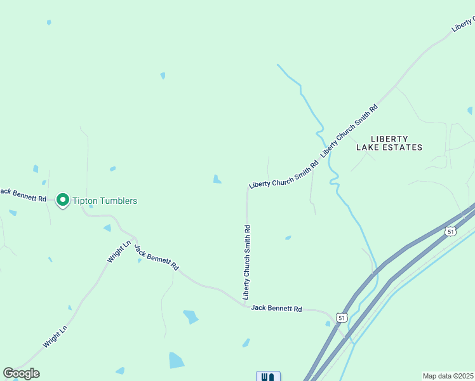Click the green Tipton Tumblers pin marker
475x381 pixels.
coord(63,200)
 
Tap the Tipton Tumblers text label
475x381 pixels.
coord(105,201)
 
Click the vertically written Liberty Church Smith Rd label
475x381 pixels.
coord(246,262)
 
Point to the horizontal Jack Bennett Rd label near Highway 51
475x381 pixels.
coord(276,308)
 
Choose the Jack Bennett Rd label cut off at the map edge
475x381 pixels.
coord(23,194)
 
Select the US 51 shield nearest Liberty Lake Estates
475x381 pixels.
coord(450,232)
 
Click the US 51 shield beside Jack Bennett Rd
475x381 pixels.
coord(342,317)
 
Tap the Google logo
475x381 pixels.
coord(21,373)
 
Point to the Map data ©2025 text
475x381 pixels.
coord(448,376)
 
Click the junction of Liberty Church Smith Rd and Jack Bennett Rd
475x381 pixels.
coord(246,305)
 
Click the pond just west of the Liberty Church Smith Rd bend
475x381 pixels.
coord(217,179)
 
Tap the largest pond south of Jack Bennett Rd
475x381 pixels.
coord(176,360)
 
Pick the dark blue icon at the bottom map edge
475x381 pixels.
coord(268,377)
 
